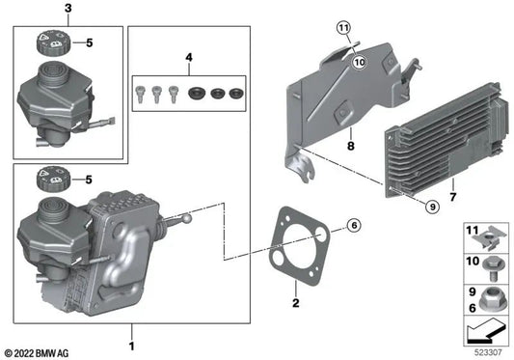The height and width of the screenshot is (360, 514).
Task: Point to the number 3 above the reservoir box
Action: pos(68,8)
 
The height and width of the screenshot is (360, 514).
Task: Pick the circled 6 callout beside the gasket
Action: pos(353,226)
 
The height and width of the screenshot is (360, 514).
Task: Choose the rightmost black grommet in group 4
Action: pos(234,93)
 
